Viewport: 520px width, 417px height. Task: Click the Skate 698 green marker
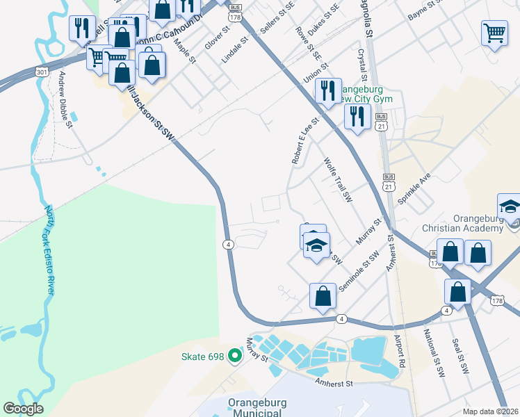(x=235, y=357)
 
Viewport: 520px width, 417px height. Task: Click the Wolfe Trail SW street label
(x=339, y=181)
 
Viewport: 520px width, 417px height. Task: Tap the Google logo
(x=23, y=409)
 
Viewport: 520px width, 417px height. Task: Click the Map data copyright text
(x=490, y=411)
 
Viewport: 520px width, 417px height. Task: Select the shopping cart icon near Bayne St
(x=494, y=32)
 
